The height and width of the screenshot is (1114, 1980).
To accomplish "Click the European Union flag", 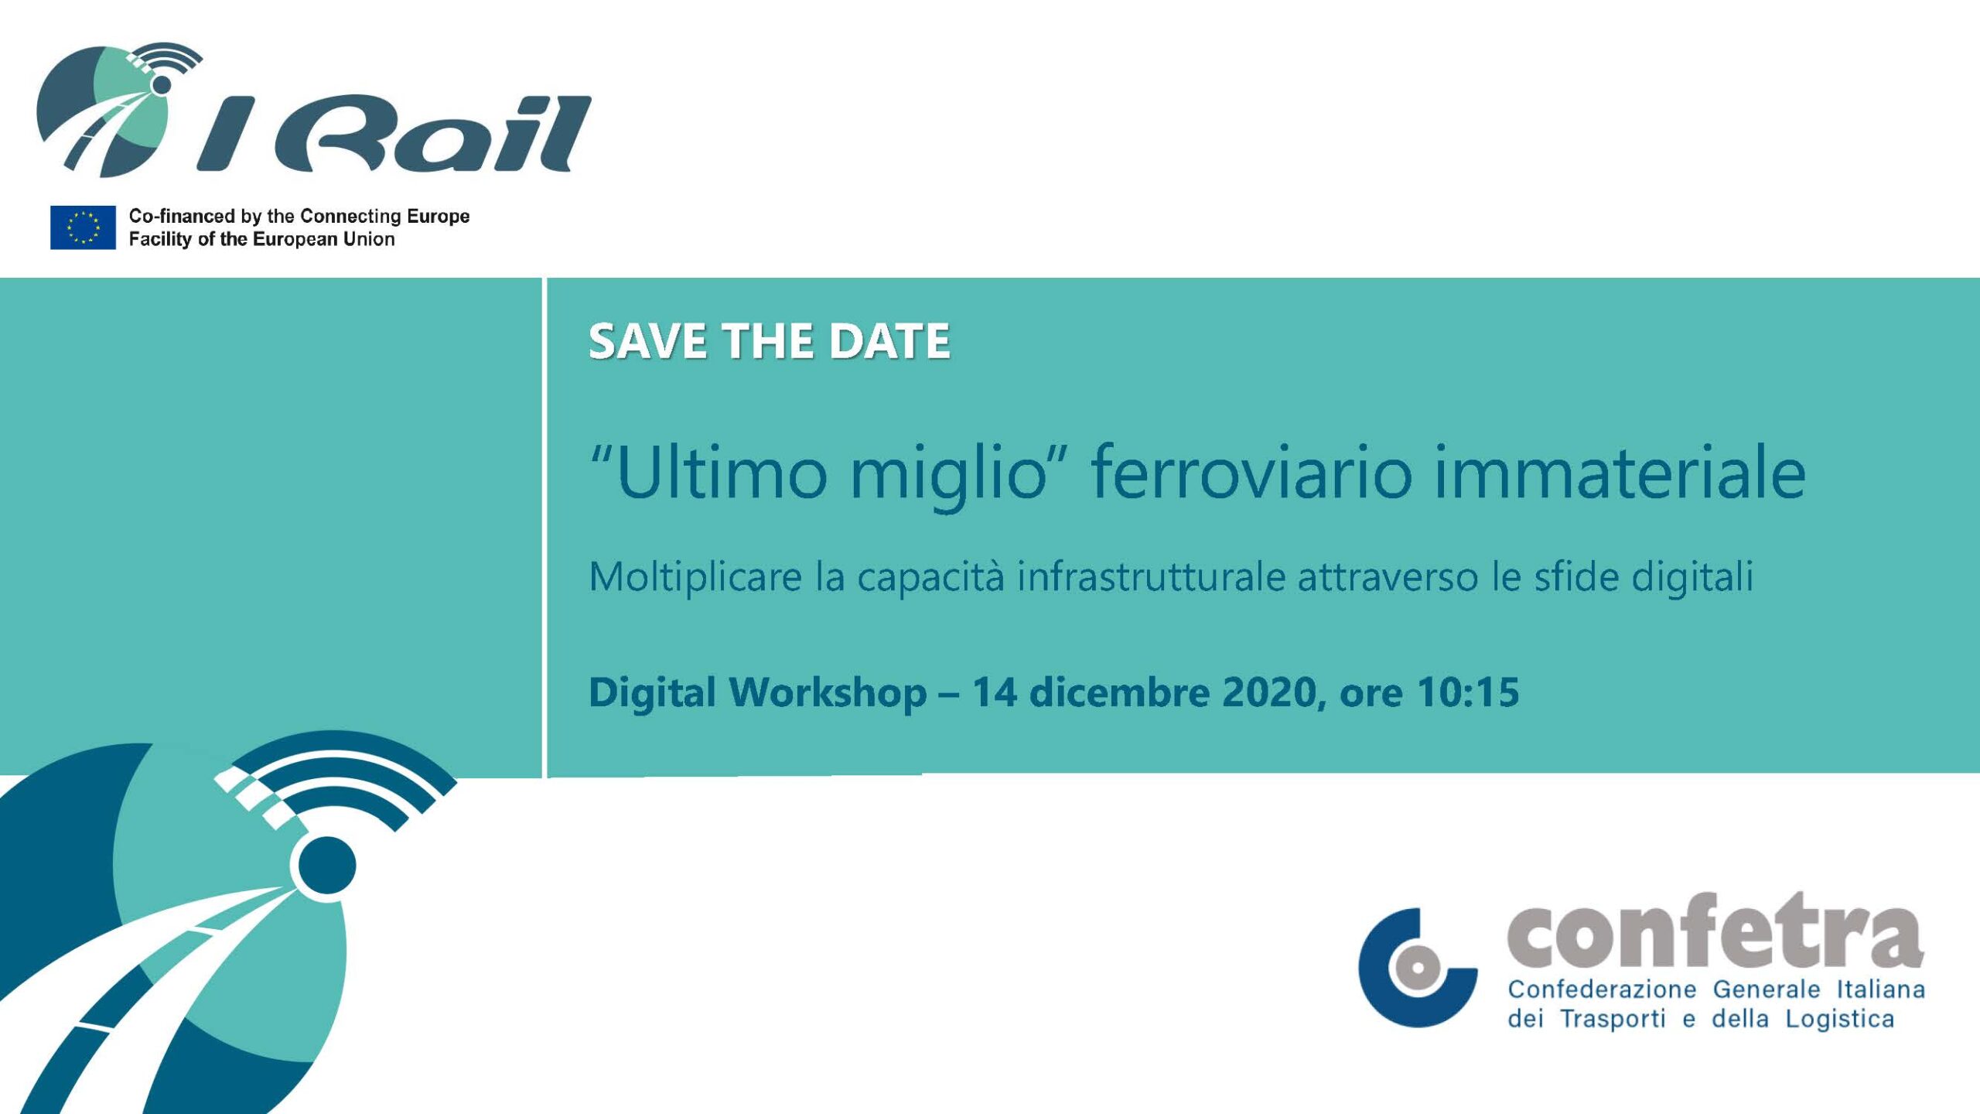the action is [83, 227].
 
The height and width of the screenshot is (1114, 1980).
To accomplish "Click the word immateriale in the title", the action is [1620, 472].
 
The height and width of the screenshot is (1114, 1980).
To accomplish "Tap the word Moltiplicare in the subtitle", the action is [695, 577].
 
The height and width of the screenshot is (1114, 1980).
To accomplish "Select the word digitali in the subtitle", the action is [1692, 577].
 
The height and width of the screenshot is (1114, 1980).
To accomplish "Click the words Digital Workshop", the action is [758, 692].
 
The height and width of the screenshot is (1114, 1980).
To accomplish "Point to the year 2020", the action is [1269, 692].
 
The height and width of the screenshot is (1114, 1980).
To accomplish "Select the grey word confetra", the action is [1715, 931].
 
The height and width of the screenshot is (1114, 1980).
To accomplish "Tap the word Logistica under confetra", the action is [1840, 1020].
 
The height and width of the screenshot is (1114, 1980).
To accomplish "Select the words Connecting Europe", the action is [384, 216].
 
